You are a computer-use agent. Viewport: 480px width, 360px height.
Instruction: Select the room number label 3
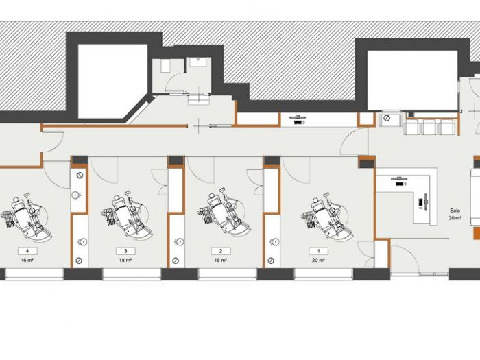pyautogui.click(x=125, y=250)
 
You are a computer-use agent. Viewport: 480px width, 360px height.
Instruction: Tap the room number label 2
pyautogui.click(x=221, y=250)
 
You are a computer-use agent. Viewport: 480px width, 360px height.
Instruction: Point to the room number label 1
pyautogui.click(x=317, y=250)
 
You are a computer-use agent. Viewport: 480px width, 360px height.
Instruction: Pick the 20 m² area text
pyautogui.click(x=317, y=261)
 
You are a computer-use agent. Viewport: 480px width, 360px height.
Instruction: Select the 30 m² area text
pyautogui.click(x=454, y=218)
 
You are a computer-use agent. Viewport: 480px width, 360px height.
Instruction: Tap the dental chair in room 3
pyautogui.click(x=125, y=215)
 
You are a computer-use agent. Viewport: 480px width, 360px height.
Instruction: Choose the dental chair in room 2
pyautogui.click(x=221, y=215)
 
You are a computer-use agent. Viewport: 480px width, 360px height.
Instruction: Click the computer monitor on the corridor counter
pyautogui.click(x=300, y=117)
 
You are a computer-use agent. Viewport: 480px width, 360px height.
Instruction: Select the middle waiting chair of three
pyautogui.click(x=429, y=127)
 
